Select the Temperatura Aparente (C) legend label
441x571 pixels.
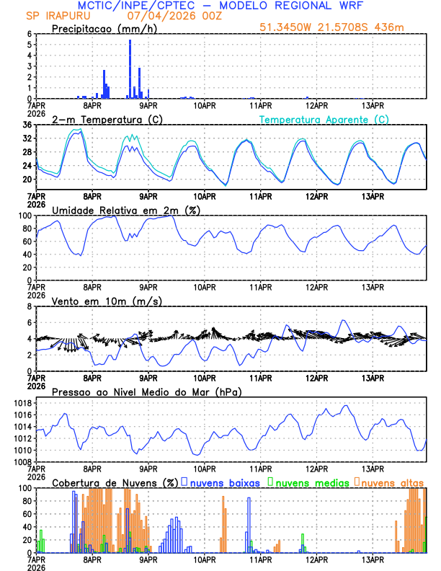coord(324,119)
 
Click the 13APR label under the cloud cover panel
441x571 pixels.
coord(372,559)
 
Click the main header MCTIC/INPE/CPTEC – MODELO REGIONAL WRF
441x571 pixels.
coord(220,6)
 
